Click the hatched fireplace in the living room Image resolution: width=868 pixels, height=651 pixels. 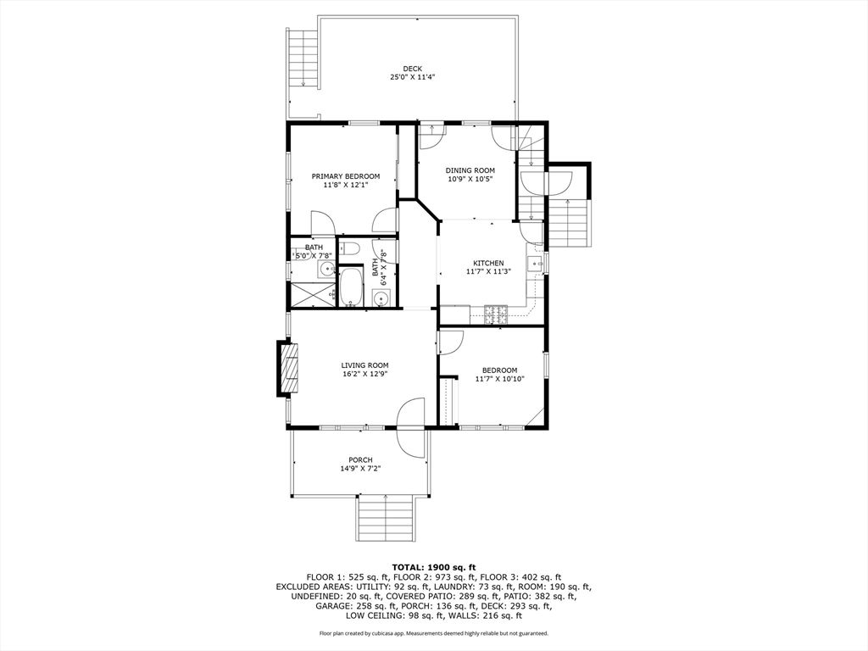click(x=290, y=369)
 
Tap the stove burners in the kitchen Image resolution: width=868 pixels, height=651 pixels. click(x=496, y=314)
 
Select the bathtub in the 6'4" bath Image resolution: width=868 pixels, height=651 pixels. click(x=350, y=287)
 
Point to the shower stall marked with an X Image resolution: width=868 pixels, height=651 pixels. click(x=312, y=293)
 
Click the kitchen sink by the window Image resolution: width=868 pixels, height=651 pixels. click(x=536, y=264)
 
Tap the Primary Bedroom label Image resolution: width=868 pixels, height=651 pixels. click(x=346, y=176)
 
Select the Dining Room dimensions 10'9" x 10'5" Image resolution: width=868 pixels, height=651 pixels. click(x=470, y=180)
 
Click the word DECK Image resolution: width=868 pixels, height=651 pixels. click(x=413, y=69)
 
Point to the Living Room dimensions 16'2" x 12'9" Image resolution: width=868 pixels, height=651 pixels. click(x=364, y=374)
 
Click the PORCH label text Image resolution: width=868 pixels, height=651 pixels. click(x=360, y=460)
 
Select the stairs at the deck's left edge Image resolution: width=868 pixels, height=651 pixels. click(x=303, y=58)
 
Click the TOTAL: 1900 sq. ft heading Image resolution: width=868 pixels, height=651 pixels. click(x=434, y=567)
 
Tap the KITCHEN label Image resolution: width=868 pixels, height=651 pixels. click(x=488, y=263)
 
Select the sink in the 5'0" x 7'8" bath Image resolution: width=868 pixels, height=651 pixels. click(x=326, y=270)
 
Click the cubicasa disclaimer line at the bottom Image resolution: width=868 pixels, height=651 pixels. click(x=434, y=633)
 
